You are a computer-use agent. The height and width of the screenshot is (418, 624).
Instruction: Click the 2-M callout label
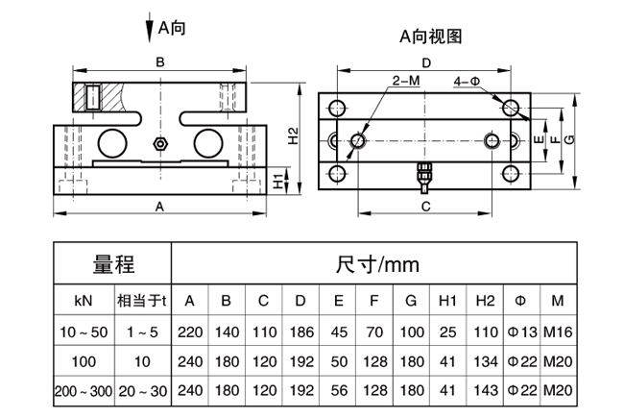click(406, 81)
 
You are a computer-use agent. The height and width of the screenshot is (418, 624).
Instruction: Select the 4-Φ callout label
click(468, 82)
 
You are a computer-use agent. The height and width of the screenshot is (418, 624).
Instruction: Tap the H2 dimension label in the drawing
click(293, 135)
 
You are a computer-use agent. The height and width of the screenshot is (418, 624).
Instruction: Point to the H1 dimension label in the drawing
click(279, 182)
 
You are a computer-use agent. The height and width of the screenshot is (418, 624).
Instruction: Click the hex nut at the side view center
click(160, 143)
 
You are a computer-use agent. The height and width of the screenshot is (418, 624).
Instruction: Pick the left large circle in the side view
click(112, 143)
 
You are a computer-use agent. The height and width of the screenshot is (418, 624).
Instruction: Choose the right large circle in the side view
click(208, 143)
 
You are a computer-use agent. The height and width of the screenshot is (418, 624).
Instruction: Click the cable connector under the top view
click(424, 178)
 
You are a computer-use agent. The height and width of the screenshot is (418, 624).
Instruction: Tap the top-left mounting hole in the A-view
click(337, 108)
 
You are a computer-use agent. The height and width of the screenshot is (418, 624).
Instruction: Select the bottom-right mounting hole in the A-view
click(510, 174)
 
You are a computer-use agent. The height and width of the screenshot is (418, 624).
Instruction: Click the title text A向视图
click(431, 37)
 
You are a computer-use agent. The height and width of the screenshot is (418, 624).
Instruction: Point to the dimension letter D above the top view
click(426, 63)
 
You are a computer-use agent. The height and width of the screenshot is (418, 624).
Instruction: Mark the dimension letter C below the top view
click(426, 207)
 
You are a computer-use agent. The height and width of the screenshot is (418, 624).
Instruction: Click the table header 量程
click(114, 264)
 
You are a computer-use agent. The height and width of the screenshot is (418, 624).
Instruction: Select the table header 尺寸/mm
click(377, 264)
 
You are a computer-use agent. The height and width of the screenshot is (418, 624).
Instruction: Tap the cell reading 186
click(301, 332)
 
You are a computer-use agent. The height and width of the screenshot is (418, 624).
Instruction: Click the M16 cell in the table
click(558, 332)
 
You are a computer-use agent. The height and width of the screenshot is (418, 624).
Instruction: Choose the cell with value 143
click(486, 390)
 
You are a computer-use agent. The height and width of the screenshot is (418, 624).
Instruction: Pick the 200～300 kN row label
click(84, 391)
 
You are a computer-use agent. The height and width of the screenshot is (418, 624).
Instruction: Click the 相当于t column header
click(142, 301)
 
